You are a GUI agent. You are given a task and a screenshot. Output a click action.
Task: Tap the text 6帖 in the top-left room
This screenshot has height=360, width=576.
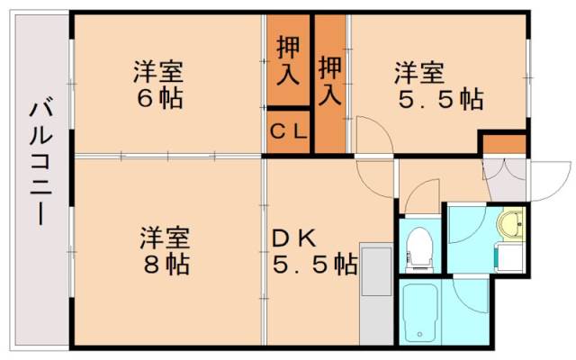[160, 96]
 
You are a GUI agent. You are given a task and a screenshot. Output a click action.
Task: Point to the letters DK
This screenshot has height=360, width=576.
[294, 238]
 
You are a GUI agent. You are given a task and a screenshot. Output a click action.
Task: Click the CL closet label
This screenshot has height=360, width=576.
[288, 131]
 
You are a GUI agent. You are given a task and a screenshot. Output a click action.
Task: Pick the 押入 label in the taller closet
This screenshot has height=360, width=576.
[330, 78]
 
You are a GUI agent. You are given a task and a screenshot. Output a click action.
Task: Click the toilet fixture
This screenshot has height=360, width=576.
[419, 247]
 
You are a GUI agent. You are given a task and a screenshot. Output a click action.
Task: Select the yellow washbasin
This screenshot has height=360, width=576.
[511, 225]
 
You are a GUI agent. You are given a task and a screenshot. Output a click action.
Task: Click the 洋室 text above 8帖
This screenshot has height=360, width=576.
[164, 238]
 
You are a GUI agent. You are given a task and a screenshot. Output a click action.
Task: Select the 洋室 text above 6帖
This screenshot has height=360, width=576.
[160, 69]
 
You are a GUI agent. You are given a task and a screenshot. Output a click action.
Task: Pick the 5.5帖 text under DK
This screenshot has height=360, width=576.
[315, 265]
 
